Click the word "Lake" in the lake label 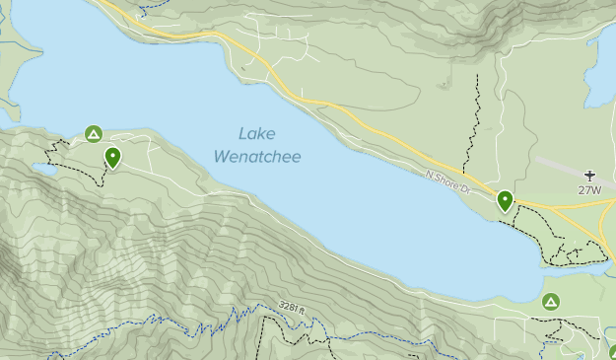pyautogui.click(x=257, y=134)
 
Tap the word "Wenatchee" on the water pyautogui.click(x=257, y=157)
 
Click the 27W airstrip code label pyautogui.click(x=589, y=189)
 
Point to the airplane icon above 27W pyautogui.click(x=589, y=174)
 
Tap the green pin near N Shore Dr pyautogui.click(x=505, y=201)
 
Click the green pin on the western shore pyautogui.click(x=112, y=157)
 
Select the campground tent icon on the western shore pyautogui.click(x=93, y=133)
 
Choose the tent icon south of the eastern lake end pyautogui.click(x=551, y=301)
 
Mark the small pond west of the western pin pyautogui.click(x=42, y=171)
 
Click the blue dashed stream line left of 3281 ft pyautogui.click(x=197, y=321)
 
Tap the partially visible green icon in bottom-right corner pyautogui.click(x=611, y=353)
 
